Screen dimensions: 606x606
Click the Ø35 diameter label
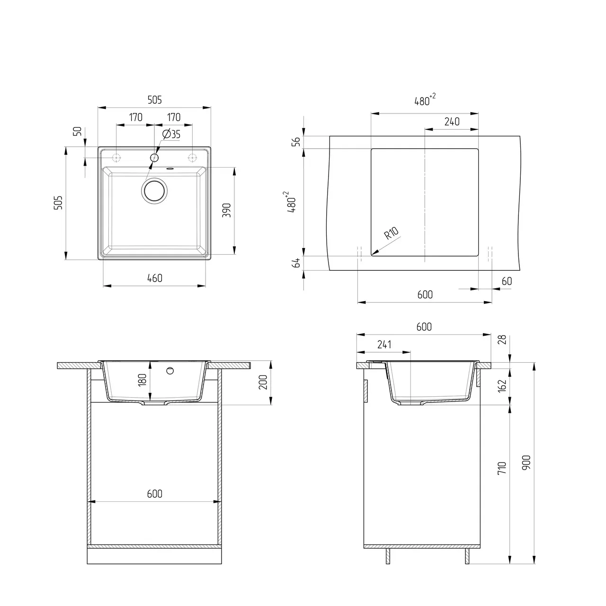coord(171,134)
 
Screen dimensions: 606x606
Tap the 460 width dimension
coord(154,278)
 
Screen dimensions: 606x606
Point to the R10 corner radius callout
coord(391,233)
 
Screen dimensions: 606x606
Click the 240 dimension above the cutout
coord(452,122)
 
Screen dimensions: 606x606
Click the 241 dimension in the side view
coord(384,345)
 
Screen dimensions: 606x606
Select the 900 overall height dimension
coord(527,463)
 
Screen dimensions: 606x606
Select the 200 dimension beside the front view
coord(263,382)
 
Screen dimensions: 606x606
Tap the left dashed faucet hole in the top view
coord(116,157)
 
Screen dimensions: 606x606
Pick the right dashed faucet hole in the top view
coord(193,157)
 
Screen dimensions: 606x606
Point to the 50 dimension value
coord(79,131)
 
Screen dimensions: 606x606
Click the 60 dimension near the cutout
coord(506,281)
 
